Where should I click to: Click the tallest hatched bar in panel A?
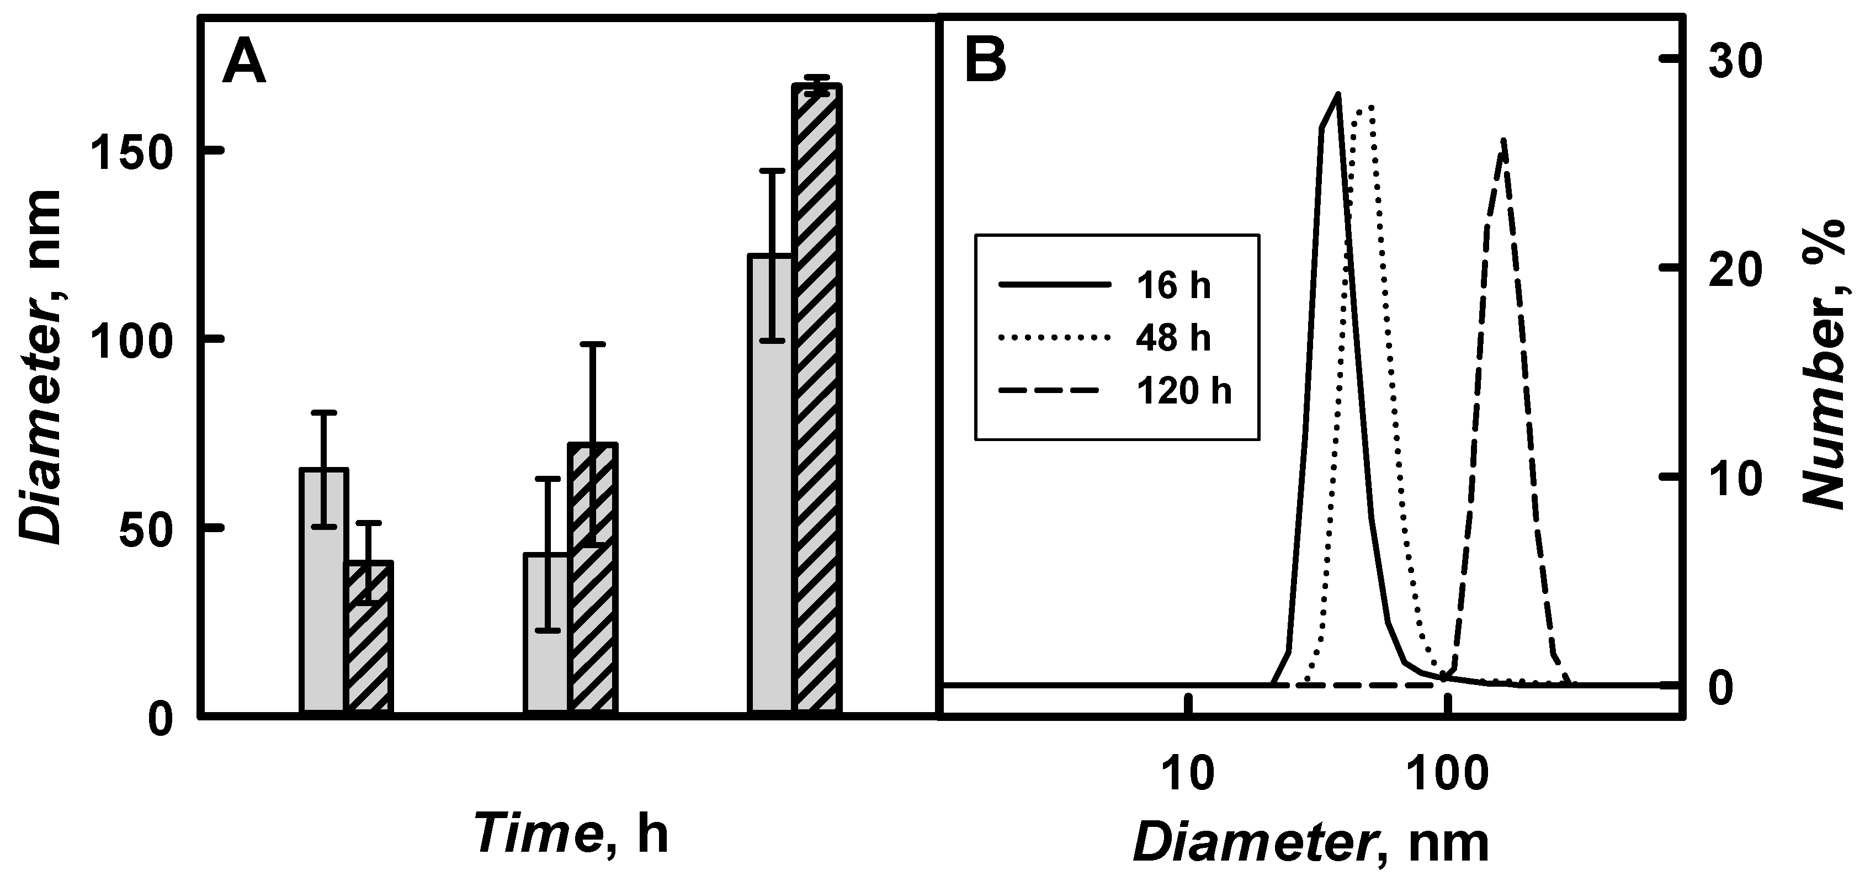point(816,398)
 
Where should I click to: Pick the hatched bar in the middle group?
point(593,579)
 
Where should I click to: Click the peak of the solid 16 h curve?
point(1338,94)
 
